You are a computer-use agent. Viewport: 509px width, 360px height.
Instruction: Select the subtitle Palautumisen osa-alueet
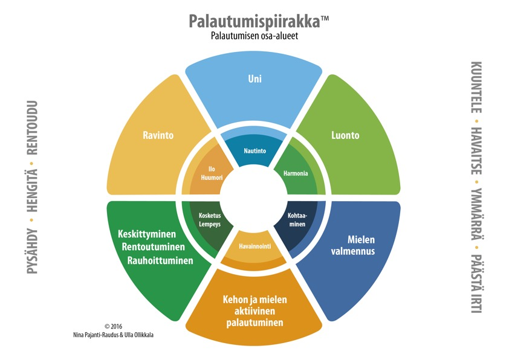tap(254, 36)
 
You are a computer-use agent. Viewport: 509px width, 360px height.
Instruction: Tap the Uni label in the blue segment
tap(255, 79)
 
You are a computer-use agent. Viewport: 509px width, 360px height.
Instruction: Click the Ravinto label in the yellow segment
tap(158, 135)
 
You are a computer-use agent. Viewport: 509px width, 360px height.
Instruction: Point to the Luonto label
tap(345, 135)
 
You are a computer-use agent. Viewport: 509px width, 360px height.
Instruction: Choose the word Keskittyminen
tap(147, 234)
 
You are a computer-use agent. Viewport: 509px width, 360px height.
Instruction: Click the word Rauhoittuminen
tap(160, 260)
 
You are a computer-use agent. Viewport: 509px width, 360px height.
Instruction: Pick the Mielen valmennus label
tap(353, 245)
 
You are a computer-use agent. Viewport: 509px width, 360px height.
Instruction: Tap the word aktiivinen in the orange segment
tap(254, 311)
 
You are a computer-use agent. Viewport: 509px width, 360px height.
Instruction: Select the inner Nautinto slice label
tap(255, 151)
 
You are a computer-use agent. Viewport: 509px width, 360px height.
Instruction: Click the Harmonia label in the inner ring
tap(296, 173)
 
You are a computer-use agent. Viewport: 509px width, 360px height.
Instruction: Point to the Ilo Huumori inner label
tap(212, 173)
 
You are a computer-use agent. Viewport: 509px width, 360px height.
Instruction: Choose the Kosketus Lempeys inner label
tap(210, 220)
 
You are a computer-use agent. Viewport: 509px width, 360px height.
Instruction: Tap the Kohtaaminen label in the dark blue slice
tap(297, 220)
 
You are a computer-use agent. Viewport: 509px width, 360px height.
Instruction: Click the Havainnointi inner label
tap(255, 246)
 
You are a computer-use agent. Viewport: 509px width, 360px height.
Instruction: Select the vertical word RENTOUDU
tap(33, 128)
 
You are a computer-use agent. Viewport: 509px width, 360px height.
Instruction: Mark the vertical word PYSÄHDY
tap(33, 251)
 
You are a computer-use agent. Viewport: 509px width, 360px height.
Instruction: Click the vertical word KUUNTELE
tap(476, 87)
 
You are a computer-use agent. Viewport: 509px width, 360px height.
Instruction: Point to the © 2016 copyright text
tap(113, 326)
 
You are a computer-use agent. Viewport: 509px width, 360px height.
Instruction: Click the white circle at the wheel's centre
tap(254, 198)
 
